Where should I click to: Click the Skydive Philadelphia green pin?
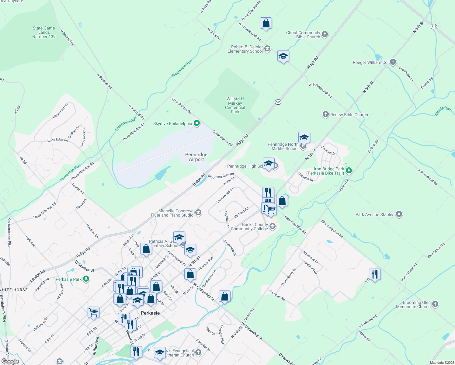tap(197, 123)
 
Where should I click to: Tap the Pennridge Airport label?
tap(196, 157)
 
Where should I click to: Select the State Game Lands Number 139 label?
tap(44, 32)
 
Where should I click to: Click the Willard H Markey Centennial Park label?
tap(235, 105)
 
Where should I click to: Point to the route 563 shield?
tap(278, 102)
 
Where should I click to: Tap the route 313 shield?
tap(434, 26)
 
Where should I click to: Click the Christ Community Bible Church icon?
tap(325, 34)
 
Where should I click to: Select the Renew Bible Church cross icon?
tap(325, 114)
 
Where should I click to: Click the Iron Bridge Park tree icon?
tap(349, 171)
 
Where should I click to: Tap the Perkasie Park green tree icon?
tap(86, 279)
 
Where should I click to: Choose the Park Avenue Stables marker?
tap(399, 214)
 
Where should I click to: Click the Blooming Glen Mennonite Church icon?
tap(435, 304)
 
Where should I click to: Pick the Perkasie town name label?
tap(150, 313)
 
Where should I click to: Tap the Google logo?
tap(10, 361)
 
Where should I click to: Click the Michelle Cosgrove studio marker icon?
tap(198, 213)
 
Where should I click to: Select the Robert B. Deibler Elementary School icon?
tap(267, 49)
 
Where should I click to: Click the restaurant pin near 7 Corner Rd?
tap(374, 274)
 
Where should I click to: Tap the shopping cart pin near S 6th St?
tap(93, 312)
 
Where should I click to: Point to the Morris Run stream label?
tap(443, 111)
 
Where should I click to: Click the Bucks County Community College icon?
tap(273, 226)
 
